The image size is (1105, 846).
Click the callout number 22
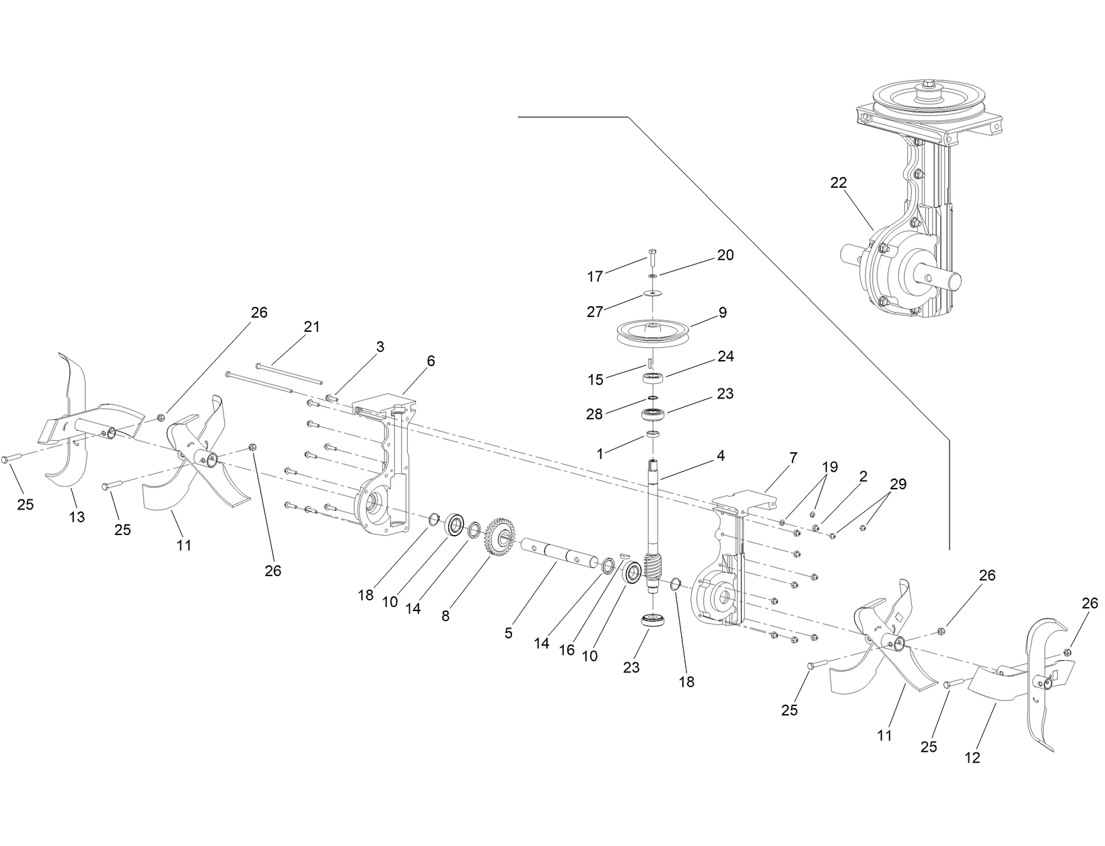click(x=839, y=182)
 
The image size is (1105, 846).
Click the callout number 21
click(x=311, y=326)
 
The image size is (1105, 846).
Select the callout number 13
click(x=77, y=517)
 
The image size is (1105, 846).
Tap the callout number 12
click(x=972, y=758)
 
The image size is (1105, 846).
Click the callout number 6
click(x=431, y=361)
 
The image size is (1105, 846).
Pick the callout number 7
click(x=793, y=458)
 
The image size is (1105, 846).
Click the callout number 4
click(x=720, y=456)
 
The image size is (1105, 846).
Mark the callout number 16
click(x=567, y=649)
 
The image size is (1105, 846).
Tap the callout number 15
click(x=595, y=380)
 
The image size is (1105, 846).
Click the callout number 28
click(x=594, y=414)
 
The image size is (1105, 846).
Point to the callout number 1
click(x=600, y=454)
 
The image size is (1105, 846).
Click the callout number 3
click(x=380, y=347)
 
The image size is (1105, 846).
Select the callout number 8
click(x=445, y=615)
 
